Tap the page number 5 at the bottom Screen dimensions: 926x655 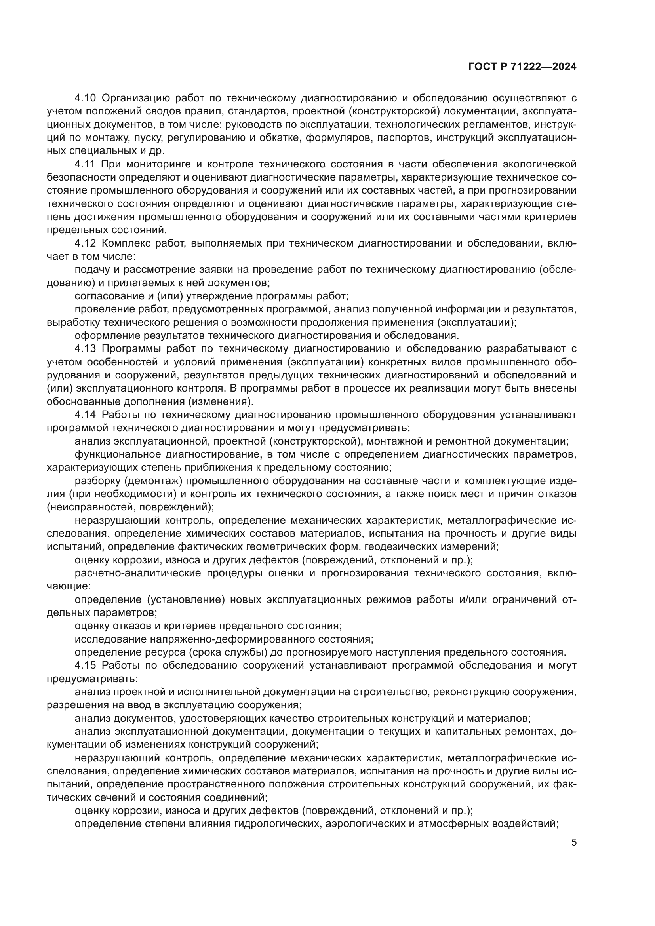(574, 842)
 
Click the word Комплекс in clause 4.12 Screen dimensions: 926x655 (125, 243)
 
